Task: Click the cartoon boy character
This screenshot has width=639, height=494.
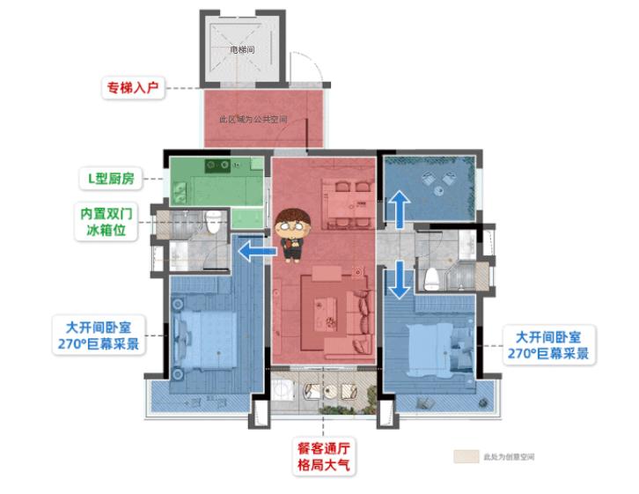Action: point(290,235)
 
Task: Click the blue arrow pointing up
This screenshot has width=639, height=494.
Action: point(397,212)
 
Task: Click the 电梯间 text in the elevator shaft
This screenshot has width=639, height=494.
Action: point(242,50)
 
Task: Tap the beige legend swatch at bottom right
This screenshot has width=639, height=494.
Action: point(465,457)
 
